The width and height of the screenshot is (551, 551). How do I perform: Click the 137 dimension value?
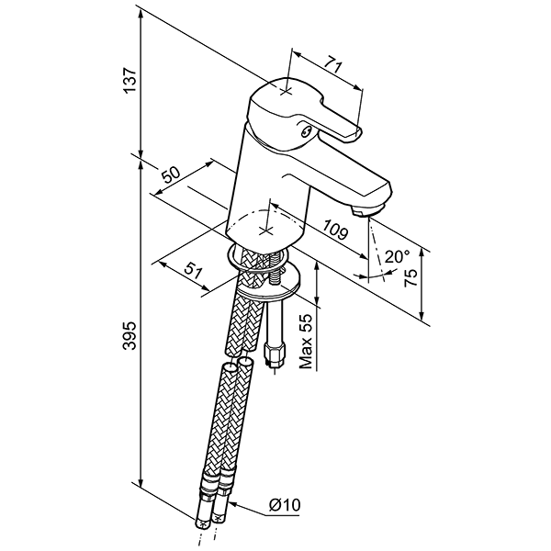(130, 80)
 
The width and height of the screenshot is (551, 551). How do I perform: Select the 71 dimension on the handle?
(332, 64)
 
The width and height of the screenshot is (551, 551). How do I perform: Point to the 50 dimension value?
(171, 174)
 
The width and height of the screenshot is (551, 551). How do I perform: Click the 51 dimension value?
(194, 271)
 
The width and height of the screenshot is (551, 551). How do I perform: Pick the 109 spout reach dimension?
(335, 230)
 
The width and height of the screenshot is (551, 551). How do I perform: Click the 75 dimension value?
(410, 278)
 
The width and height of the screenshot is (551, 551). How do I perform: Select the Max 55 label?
(306, 342)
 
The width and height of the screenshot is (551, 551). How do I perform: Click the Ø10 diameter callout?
(285, 505)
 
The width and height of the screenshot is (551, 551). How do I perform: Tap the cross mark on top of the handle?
(286, 92)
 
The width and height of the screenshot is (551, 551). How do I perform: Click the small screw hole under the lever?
(306, 132)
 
